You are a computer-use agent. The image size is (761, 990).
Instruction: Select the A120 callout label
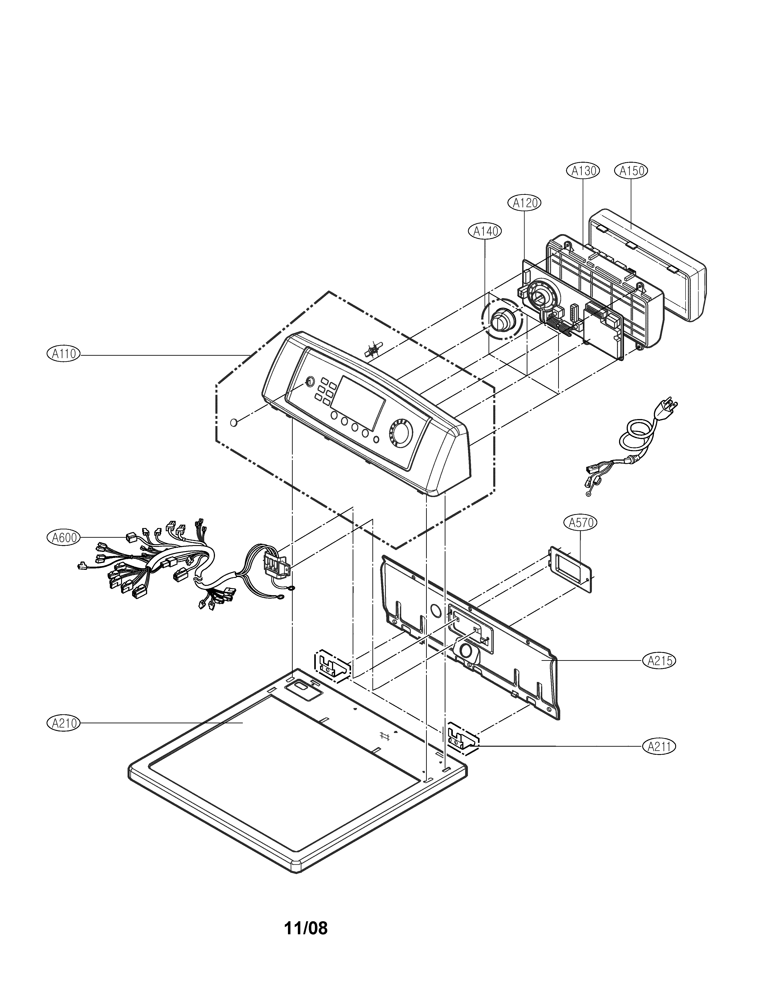tap(525, 203)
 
